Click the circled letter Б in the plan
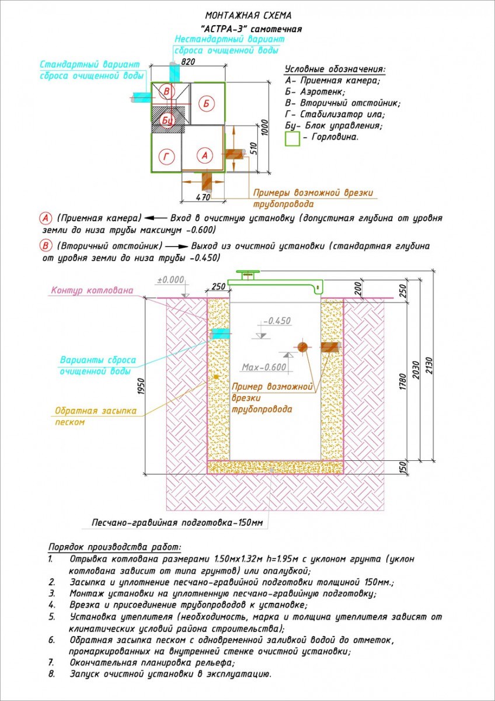point(206,103)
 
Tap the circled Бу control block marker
point(167,120)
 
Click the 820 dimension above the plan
point(187,62)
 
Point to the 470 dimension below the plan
point(203,197)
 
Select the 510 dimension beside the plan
point(253,150)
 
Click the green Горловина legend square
point(292,138)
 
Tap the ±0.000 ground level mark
point(170,279)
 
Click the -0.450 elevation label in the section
point(277,321)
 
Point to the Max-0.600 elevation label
point(264,367)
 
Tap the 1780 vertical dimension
point(403,381)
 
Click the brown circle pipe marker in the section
point(302,347)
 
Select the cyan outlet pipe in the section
point(221,334)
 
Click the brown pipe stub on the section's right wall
point(330,345)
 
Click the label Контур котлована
point(92,290)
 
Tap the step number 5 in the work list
point(51,617)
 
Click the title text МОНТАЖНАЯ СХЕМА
point(248,15)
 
